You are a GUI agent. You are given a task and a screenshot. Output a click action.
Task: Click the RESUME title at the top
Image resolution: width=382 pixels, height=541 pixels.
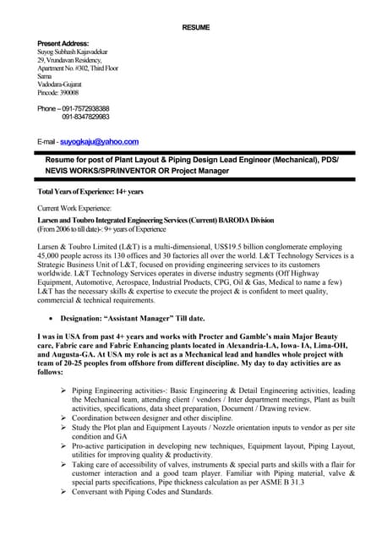pos(196,28)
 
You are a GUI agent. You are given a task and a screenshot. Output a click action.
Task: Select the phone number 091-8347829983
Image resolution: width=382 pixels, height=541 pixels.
pos(85,117)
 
